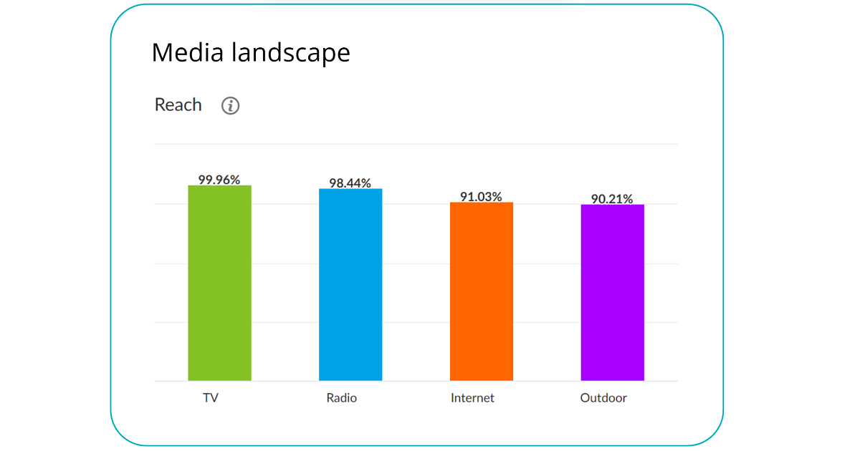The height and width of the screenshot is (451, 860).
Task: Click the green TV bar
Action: (219, 283)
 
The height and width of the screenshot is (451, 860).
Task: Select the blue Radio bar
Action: (350, 284)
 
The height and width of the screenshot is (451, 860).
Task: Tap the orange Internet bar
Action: (482, 291)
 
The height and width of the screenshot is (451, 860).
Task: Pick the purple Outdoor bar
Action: (612, 292)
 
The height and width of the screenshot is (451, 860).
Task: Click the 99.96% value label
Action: (219, 180)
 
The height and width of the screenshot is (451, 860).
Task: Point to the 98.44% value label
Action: (350, 183)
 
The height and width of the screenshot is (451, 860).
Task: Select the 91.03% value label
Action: (481, 196)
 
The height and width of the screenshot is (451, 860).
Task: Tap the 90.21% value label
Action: (612, 199)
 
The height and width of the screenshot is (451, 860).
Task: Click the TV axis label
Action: (211, 398)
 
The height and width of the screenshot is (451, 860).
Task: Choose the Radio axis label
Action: (341, 398)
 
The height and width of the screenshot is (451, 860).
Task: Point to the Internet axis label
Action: (472, 398)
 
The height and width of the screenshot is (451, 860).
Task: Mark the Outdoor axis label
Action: (603, 398)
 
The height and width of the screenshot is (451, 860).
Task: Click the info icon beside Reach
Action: (230, 106)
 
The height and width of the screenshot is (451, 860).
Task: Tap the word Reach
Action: (178, 105)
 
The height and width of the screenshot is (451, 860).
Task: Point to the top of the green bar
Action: (219, 187)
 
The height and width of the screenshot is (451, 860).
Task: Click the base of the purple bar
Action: (612, 379)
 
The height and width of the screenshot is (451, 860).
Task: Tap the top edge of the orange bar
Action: (482, 204)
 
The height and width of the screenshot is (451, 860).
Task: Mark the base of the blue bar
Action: (350, 379)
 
